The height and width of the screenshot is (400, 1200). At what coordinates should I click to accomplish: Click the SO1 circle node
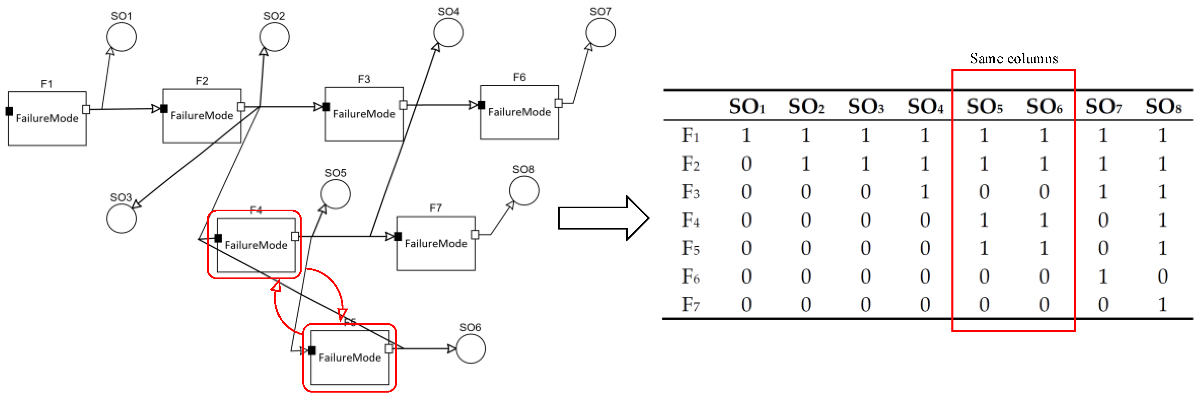pyautogui.click(x=121, y=36)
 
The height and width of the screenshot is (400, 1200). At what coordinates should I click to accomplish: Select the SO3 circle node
pyautogui.click(x=121, y=218)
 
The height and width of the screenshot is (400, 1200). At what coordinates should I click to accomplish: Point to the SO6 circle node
pyautogui.click(x=470, y=348)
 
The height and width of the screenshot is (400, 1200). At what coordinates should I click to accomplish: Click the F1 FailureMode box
pyautogui.click(x=47, y=118)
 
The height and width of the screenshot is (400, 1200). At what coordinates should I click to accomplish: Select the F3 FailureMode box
pyautogui.click(x=364, y=114)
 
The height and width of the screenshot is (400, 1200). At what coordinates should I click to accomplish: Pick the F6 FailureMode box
pyautogui.click(x=519, y=112)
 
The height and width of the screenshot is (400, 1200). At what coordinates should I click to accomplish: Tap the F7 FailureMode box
pyautogui.click(x=436, y=243)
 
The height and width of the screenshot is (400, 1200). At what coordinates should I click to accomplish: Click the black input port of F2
pyautogui.click(x=164, y=109)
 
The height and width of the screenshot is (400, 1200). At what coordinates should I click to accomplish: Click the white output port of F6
pyautogui.click(x=559, y=103)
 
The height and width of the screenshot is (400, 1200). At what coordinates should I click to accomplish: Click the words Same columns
pyautogui.click(x=1014, y=59)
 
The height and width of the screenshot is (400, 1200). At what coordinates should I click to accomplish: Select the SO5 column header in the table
pyautogui.click(x=984, y=107)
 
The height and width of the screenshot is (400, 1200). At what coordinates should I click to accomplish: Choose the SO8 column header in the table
pyautogui.click(x=1163, y=107)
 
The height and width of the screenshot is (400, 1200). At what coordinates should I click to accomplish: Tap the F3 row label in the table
pyautogui.click(x=690, y=192)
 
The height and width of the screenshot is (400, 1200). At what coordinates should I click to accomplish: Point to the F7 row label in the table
pyautogui.click(x=690, y=304)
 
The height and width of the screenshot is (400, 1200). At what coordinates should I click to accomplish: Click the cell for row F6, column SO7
pyautogui.click(x=1103, y=276)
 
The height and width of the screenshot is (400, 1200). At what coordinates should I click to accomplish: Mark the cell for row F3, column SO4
pyautogui.click(x=925, y=192)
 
